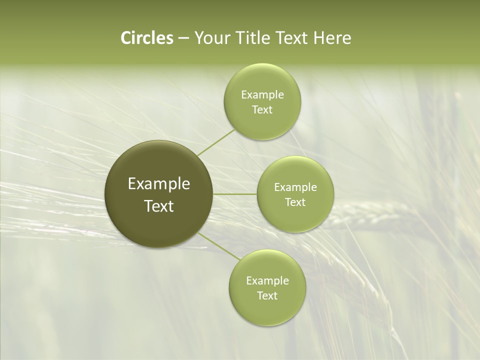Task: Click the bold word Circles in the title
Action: (146, 38)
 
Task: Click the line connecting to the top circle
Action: (216, 142)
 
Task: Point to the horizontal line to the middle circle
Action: (235, 194)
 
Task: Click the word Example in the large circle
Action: (159, 184)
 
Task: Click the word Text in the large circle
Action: (159, 206)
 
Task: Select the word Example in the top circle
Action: (262, 95)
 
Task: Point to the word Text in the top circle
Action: (262, 110)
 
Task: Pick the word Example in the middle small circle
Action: (295, 187)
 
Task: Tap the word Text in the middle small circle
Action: (295, 202)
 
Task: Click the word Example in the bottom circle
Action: (267, 281)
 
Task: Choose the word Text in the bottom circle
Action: (267, 296)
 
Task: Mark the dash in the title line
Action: (183, 38)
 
